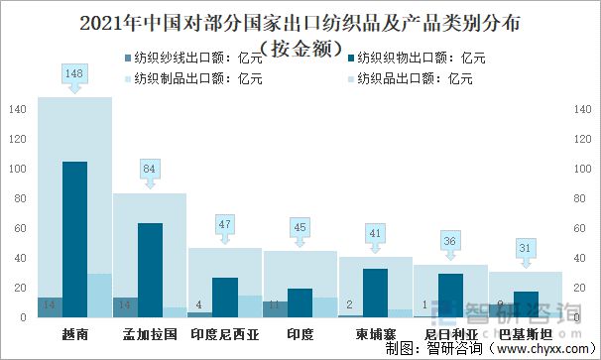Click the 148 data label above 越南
74,74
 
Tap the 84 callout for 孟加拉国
150,169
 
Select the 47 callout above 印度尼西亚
225,224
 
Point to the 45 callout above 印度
300,227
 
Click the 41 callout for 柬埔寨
376,233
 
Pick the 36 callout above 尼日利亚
451,241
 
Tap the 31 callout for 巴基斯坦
526,248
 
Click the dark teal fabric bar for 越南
74,238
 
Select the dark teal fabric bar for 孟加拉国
150,268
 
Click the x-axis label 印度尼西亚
225,334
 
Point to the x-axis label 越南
74,334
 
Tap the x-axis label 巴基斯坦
526,334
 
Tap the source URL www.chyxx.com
536,349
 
